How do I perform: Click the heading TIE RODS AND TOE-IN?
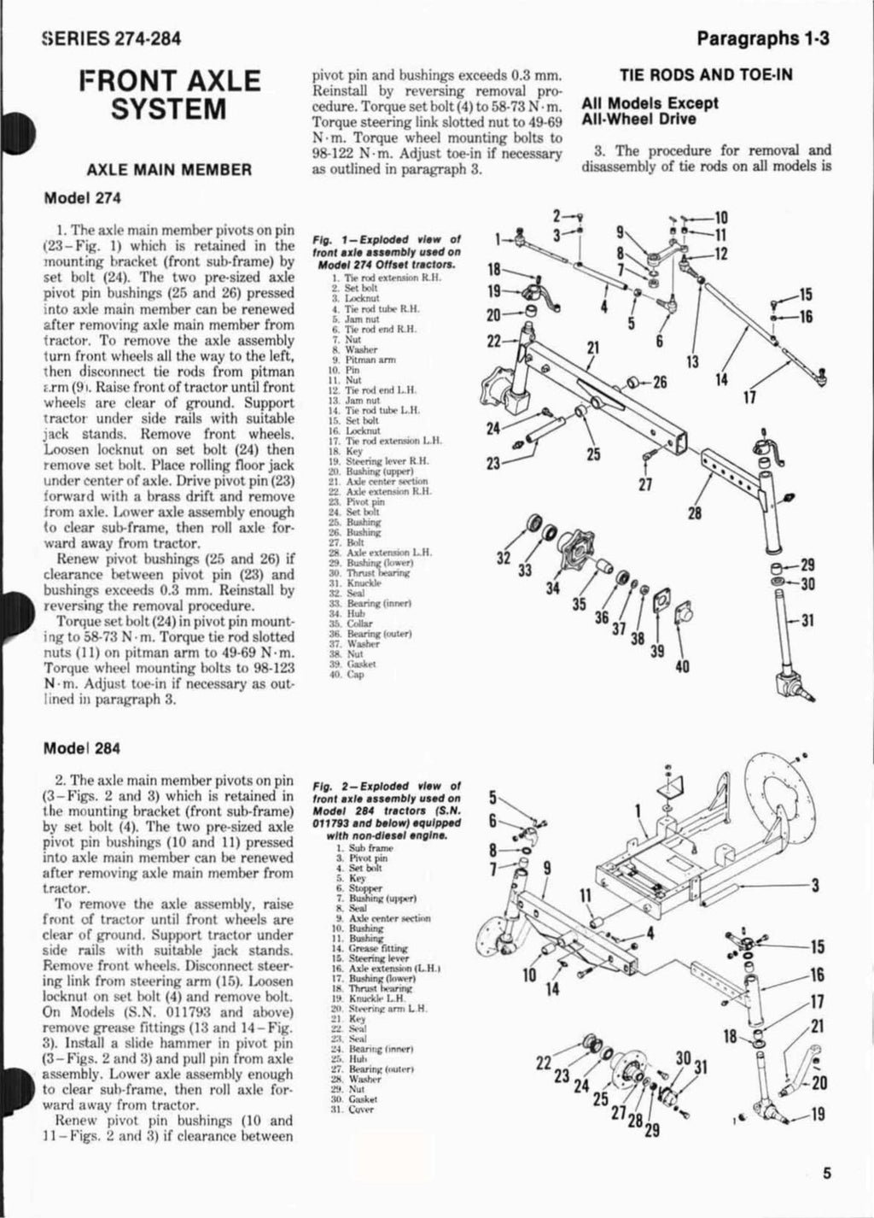pos(706,74)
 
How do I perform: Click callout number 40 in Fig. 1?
pos(681,667)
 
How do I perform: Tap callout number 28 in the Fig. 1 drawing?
pos(696,513)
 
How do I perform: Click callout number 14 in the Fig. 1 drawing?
pos(721,379)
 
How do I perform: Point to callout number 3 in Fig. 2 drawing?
pos(816,885)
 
